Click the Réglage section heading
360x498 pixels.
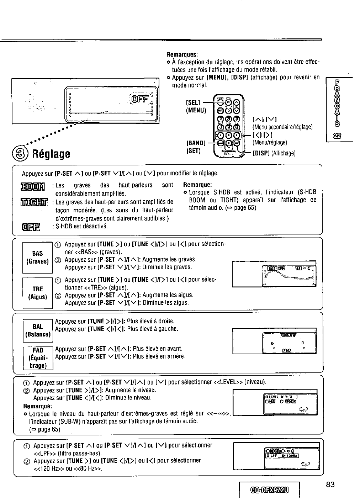51,154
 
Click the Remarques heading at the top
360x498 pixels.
182,54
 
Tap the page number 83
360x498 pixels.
330,484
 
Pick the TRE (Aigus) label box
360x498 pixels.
37,293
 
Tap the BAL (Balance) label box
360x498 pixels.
37,330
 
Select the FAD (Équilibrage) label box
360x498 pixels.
38,358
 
